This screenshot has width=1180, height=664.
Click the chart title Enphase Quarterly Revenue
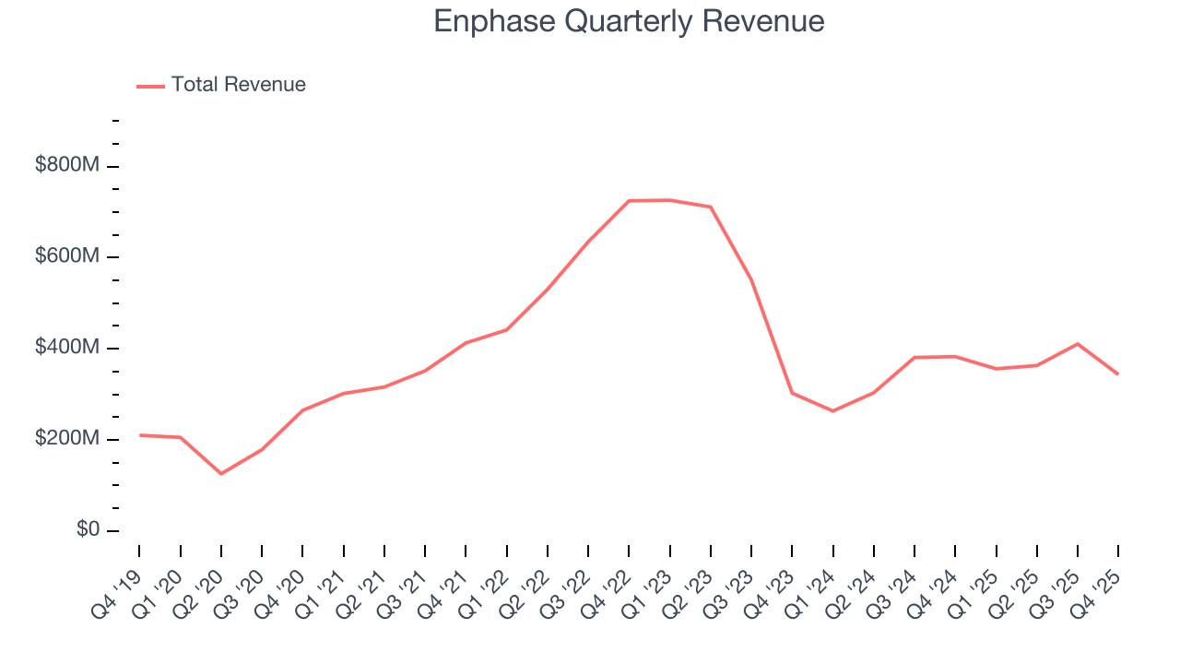pos(629,21)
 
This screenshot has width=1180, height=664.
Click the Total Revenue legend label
pos(238,85)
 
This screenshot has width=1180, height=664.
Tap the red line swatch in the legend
pos(150,86)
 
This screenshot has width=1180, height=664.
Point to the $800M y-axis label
pos(67,166)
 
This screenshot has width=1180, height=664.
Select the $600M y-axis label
pos(67,256)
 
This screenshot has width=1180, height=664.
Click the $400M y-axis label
pos(67,348)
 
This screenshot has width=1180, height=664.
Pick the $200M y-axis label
pos(67,439)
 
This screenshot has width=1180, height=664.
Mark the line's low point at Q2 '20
pos(221,474)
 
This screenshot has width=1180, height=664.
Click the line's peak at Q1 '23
pos(670,200)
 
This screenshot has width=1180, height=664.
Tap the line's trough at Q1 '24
pos(833,411)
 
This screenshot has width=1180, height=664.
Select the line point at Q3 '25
pos(1078,344)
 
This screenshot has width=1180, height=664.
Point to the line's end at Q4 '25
pos(1118,374)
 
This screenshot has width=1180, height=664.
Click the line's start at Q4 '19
pos(139,435)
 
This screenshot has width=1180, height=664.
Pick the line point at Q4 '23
pos(792,393)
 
